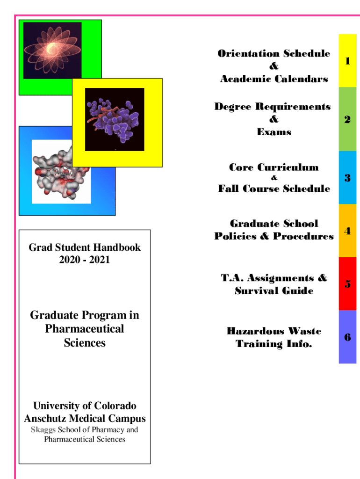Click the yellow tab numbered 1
click(x=347, y=61)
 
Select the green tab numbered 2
click(x=347, y=119)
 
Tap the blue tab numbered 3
click(x=347, y=178)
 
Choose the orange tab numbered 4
click(x=347, y=231)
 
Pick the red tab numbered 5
click(x=347, y=284)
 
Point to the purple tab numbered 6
click(x=347, y=337)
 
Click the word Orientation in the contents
click(x=247, y=53)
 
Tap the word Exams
click(x=274, y=132)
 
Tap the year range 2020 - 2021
click(x=85, y=260)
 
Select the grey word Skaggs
click(x=43, y=430)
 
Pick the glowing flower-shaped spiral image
click(x=52, y=50)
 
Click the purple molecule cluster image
click(x=114, y=119)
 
